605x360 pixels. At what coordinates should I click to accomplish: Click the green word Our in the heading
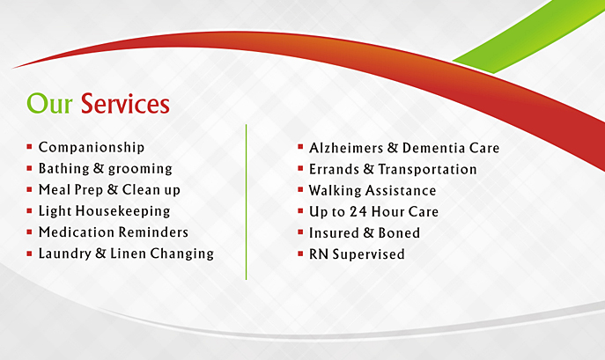[x=49, y=103]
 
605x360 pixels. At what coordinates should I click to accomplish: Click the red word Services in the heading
[x=125, y=103]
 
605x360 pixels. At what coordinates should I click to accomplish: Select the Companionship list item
[x=92, y=148]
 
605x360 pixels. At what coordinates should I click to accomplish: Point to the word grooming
[x=140, y=170]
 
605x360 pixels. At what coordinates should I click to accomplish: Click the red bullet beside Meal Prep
[x=29, y=189]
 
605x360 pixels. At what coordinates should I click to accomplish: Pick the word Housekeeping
[x=122, y=211]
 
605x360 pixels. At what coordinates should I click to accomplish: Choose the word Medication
[x=76, y=231]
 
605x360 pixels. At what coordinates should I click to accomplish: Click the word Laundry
[x=65, y=253]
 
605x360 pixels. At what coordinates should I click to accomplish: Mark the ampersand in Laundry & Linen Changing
[x=100, y=253]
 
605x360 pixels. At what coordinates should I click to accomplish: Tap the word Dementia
[x=433, y=148]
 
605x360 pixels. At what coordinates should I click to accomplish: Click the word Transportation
[x=427, y=169]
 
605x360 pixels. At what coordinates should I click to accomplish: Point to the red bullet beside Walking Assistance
[x=300, y=189]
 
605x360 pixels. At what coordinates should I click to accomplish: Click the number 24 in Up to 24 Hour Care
[x=358, y=212]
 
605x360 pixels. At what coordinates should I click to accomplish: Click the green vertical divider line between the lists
[x=247, y=202]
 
